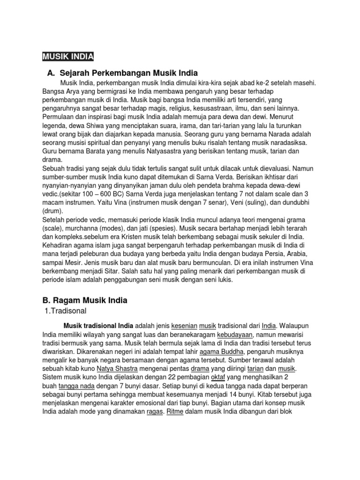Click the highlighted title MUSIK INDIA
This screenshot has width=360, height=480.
[68, 57]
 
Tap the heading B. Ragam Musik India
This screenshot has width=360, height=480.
[85, 300]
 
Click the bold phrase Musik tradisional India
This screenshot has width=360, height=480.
[99, 325]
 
